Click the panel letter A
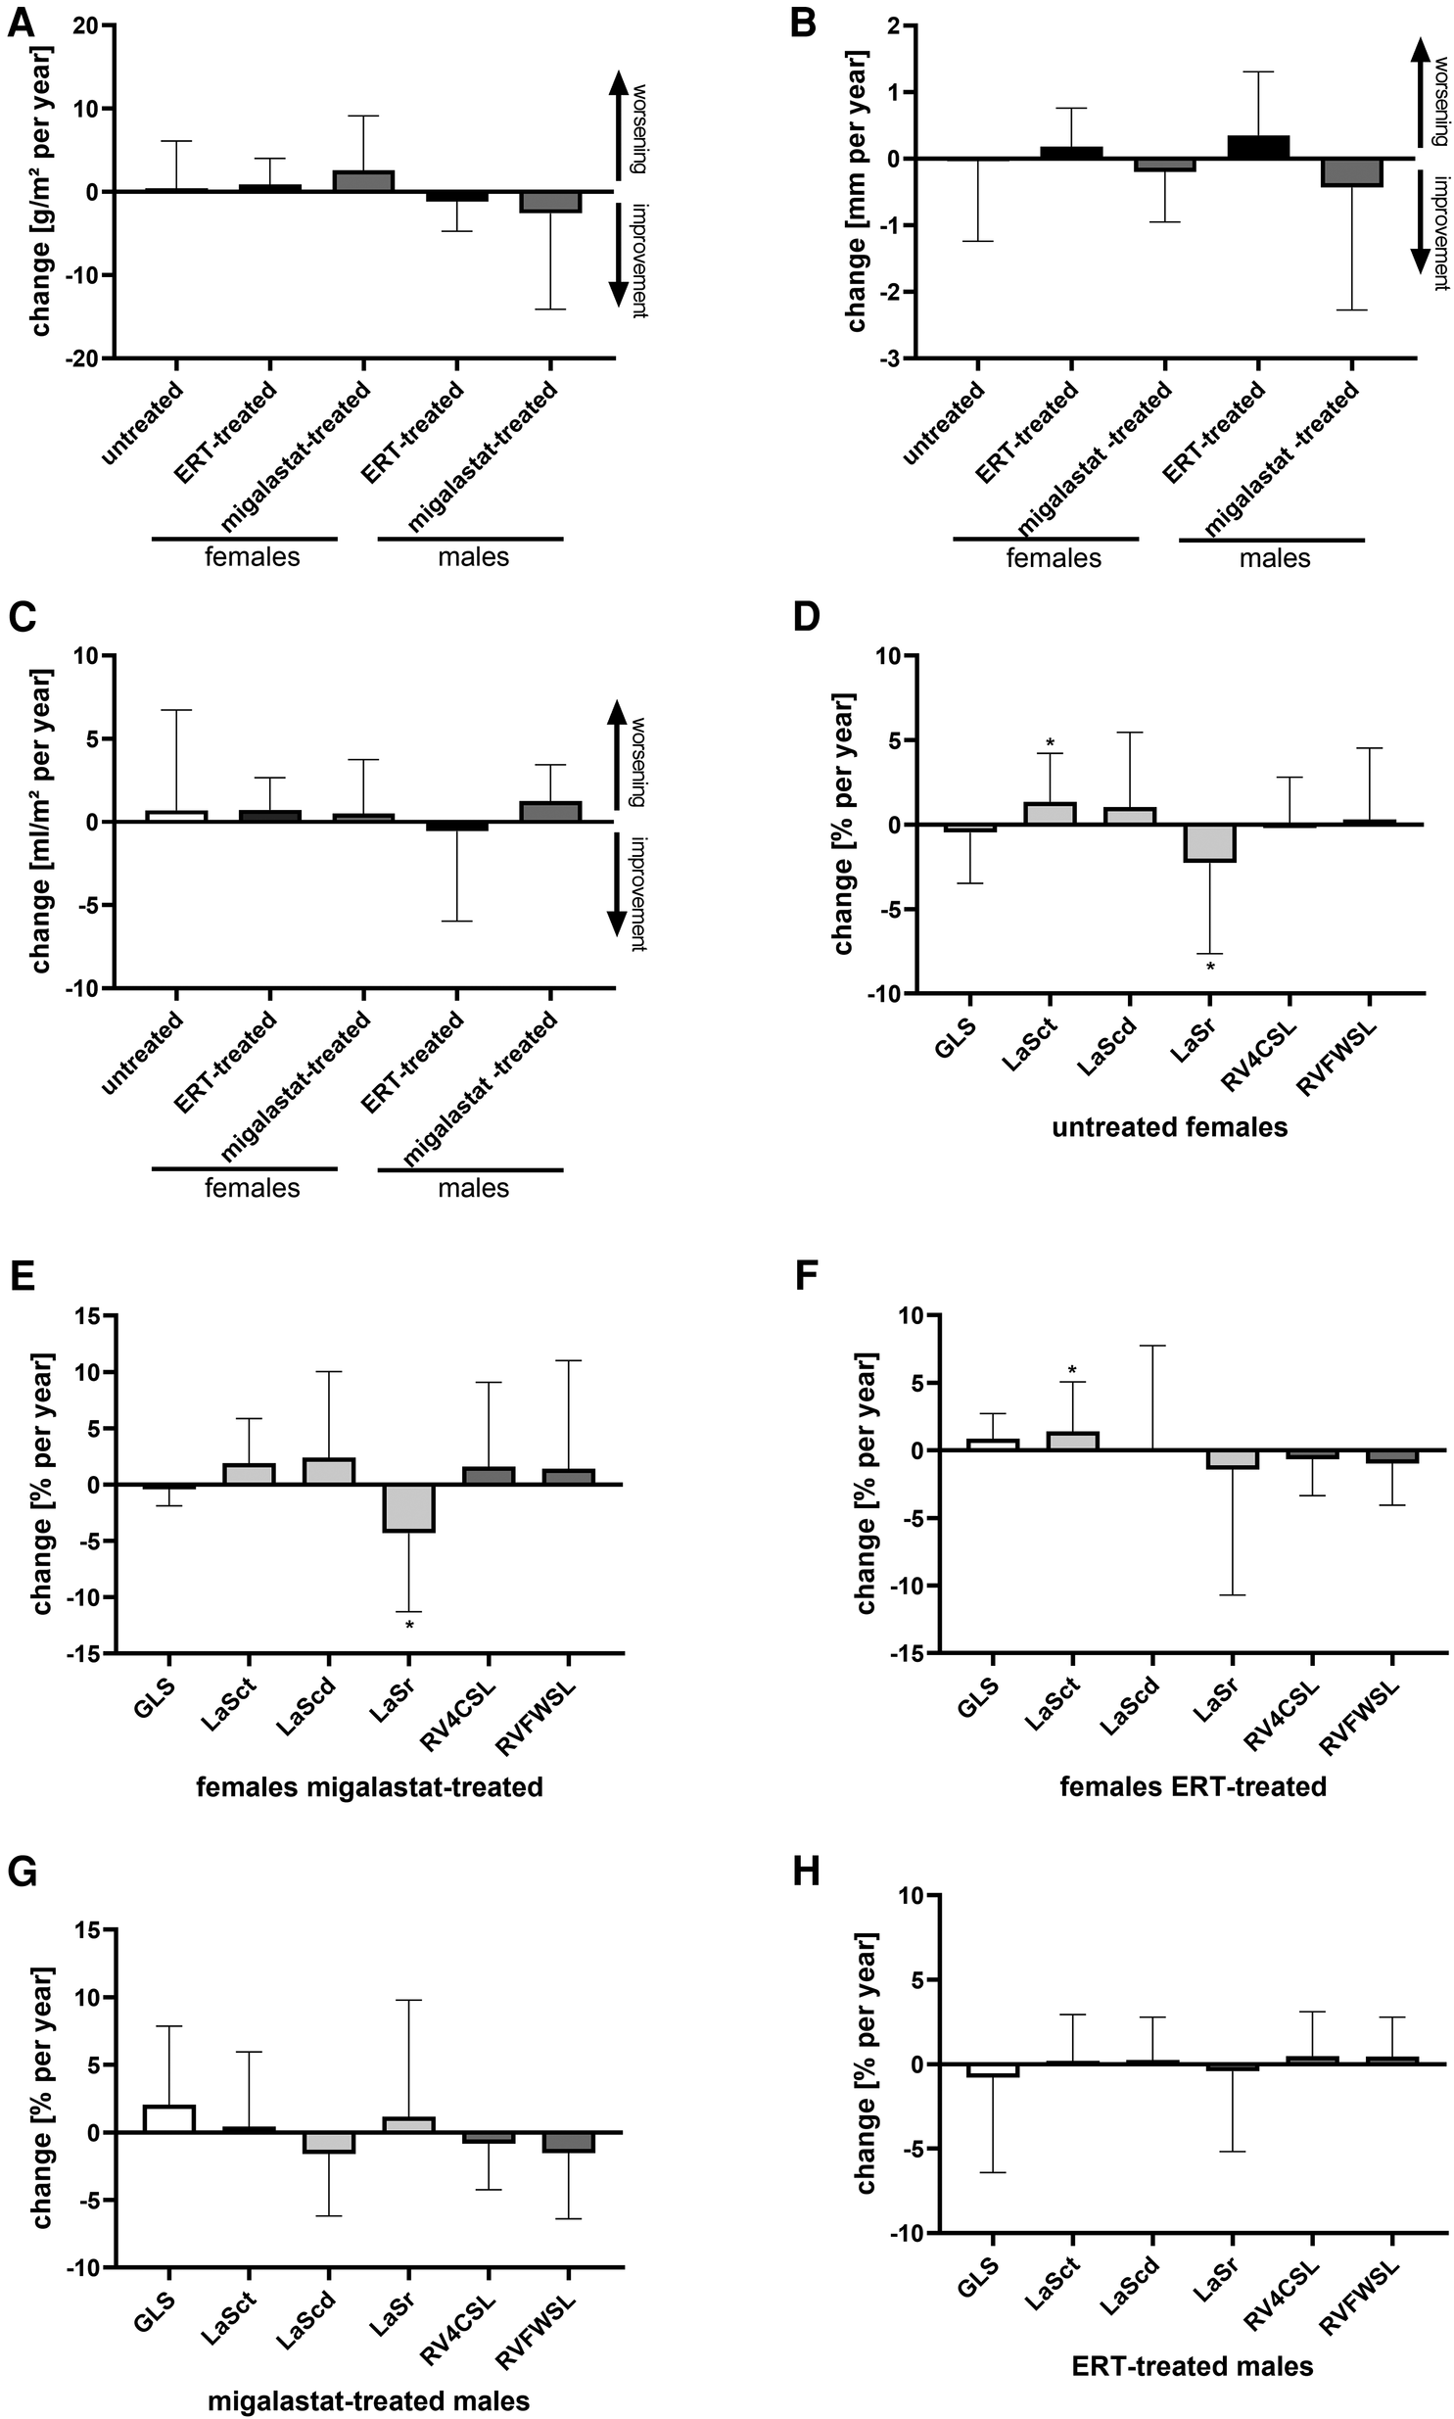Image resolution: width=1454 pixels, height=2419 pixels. pyautogui.click(x=22, y=22)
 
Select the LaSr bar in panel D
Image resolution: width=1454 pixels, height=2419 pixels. pyautogui.click(x=1209, y=843)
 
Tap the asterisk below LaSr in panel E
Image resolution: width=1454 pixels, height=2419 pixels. pyautogui.click(x=409, y=1627)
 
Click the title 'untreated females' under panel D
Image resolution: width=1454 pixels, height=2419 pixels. pyautogui.click(x=1169, y=1127)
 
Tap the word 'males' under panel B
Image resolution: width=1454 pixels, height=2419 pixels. pyautogui.click(x=1274, y=558)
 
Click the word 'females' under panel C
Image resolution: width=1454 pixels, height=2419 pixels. pyautogui.click(x=252, y=1188)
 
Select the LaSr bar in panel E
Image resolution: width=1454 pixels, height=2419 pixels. pyautogui.click(x=409, y=1507)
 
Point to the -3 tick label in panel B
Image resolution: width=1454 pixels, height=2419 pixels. pyautogui.click(x=890, y=358)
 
